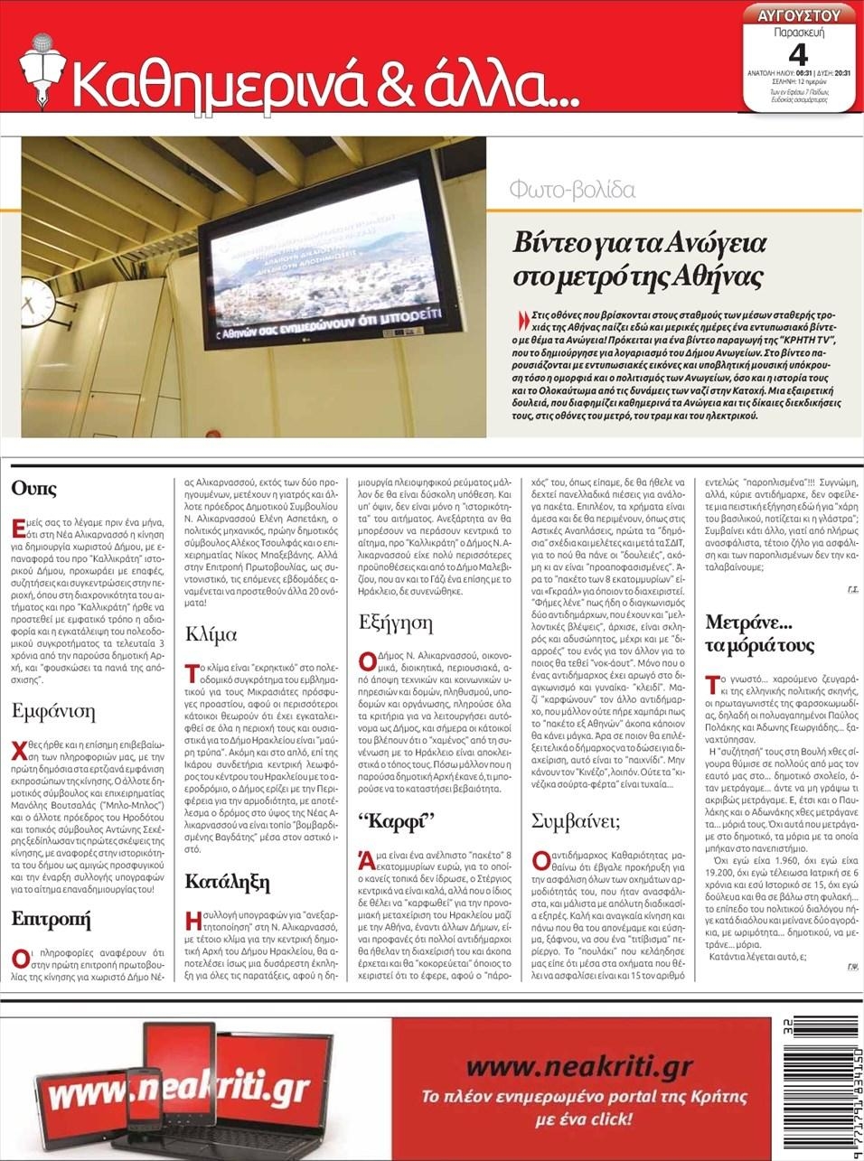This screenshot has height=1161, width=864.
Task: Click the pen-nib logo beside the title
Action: pyautogui.click(x=39, y=64)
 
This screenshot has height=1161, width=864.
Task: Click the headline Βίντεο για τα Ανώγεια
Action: pyautogui.click(x=640, y=243)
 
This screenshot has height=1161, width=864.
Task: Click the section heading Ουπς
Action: pyautogui.click(x=34, y=489)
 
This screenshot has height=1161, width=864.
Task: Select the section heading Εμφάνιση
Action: pyautogui.click(x=53, y=711)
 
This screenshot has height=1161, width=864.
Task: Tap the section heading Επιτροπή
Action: pyautogui.click(x=52, y=919)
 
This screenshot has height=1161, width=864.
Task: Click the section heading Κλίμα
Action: pyautogui.click(x=211, y=633)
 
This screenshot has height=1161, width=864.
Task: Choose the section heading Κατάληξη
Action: pyautogui.click(x=228, y=881)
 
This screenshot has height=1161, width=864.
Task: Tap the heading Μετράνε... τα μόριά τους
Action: pyautogui.click(x=759, y=633)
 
